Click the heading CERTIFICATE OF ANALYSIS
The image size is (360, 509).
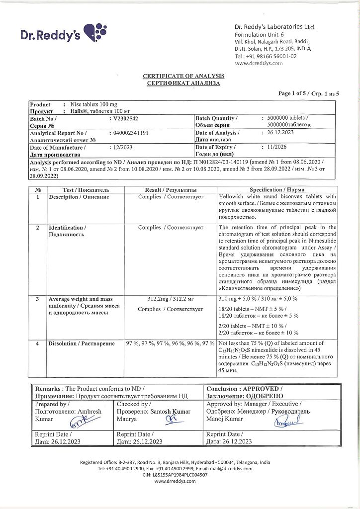[x=183, y=76]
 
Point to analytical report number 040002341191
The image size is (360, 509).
[x=128, y=133]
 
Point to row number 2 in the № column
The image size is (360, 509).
[x=38, y=228]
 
